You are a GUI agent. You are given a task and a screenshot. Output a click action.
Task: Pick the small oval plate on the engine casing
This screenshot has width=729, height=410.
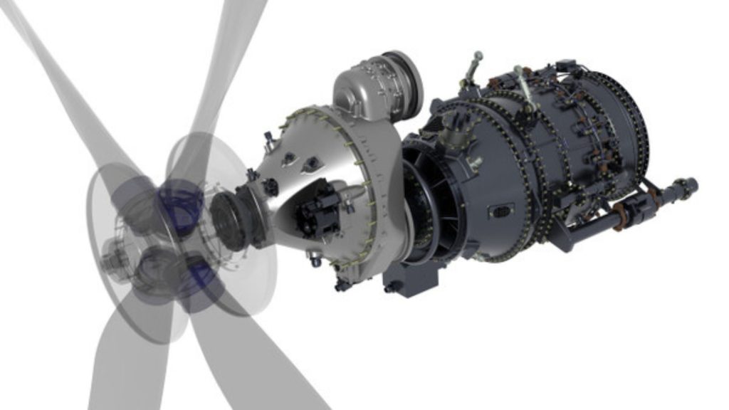click(x=500, y=211)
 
